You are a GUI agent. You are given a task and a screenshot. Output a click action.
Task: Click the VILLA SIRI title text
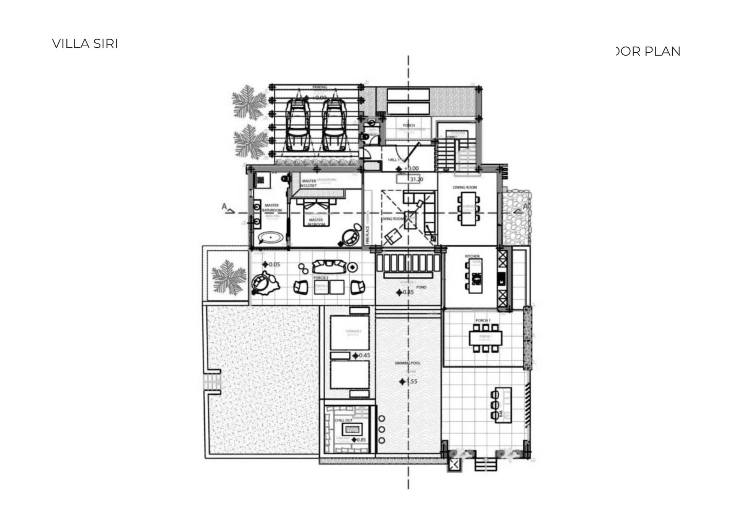[85, 44]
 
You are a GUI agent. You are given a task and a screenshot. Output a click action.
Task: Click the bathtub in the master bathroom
[271, 238]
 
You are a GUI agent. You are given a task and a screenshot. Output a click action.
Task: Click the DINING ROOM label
[465, 187]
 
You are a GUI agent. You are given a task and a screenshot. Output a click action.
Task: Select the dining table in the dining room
[468, 208]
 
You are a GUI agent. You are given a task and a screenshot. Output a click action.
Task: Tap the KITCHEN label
[472, 256]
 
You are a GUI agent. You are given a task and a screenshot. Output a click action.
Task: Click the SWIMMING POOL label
[407, 363]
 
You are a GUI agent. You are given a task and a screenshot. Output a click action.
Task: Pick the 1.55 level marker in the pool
[408, 381]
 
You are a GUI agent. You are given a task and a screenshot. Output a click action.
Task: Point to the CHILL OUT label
[344, 420]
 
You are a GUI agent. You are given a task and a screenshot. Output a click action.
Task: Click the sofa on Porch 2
[329, 266]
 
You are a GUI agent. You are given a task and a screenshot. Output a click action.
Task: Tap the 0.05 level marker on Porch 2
[271, 264]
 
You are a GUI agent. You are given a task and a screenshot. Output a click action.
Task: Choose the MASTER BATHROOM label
[272, 208]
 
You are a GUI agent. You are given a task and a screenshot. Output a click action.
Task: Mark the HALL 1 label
[394, 160]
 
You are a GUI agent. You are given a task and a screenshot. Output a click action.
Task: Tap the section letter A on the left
[224, 207]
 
